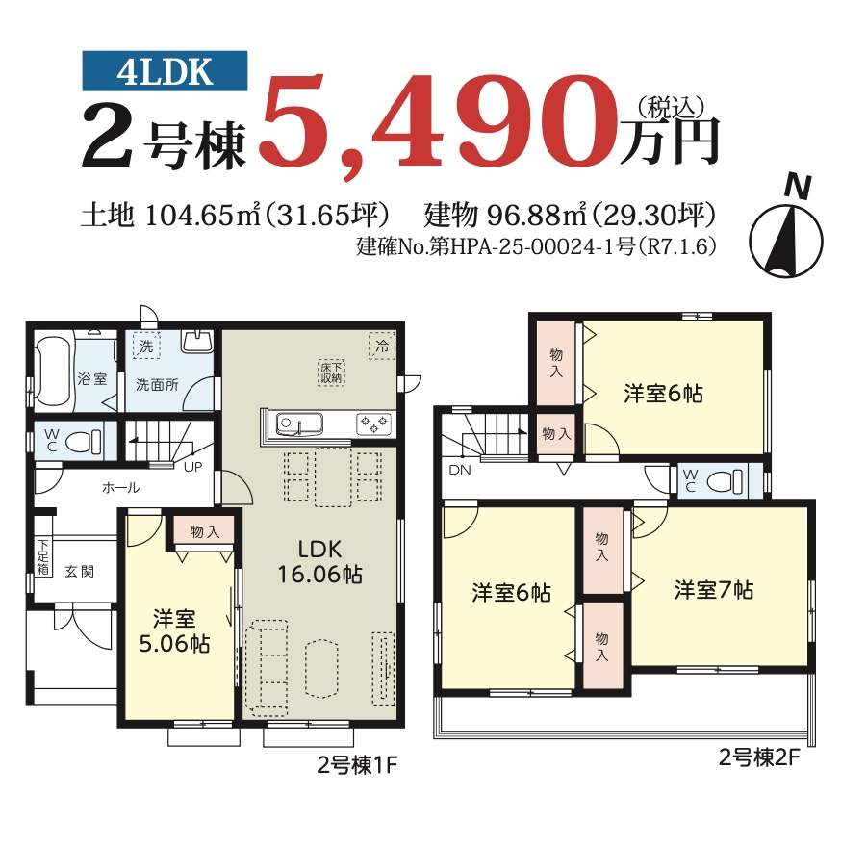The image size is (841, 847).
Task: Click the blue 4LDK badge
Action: (x=165, y=71)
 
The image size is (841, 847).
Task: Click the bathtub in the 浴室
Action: (x=53, y=371)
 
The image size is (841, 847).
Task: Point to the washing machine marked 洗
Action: (x=146, y=346)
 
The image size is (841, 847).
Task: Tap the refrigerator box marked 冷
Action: (x=381, y=345)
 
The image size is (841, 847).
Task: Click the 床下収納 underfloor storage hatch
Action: (x=331, y=372)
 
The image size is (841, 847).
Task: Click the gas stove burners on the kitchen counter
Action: (x=373, y=423)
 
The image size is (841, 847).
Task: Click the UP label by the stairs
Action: (x=192, y=467)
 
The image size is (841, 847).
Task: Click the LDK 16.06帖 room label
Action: (x=319, y=562)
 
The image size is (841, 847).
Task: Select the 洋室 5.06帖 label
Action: (x=174, y=631)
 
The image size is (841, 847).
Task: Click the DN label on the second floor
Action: (x=460, y=470)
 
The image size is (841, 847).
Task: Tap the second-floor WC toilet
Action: (x=725, y=480)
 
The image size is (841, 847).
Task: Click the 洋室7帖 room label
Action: (x=714, y=590)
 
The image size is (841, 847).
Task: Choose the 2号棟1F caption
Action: (x=357, y=765)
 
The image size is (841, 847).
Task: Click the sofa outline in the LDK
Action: (x=267, y=668)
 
